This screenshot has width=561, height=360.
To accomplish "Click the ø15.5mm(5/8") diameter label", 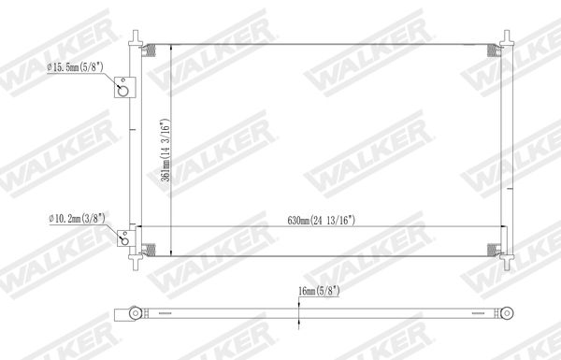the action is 76,67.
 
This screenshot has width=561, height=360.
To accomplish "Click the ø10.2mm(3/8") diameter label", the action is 78,218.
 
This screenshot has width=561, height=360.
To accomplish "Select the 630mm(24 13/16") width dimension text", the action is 322,220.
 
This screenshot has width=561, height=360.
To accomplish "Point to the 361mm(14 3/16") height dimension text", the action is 165,151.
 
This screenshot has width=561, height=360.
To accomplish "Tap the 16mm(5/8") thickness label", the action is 319,291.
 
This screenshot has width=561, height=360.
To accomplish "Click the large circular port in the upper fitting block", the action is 123,91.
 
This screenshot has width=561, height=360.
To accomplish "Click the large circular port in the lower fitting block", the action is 125,241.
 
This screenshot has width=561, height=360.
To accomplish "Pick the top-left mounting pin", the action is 136,38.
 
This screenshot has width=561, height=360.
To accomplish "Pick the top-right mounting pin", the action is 507,38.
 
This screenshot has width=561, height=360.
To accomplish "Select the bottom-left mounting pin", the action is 136,262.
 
